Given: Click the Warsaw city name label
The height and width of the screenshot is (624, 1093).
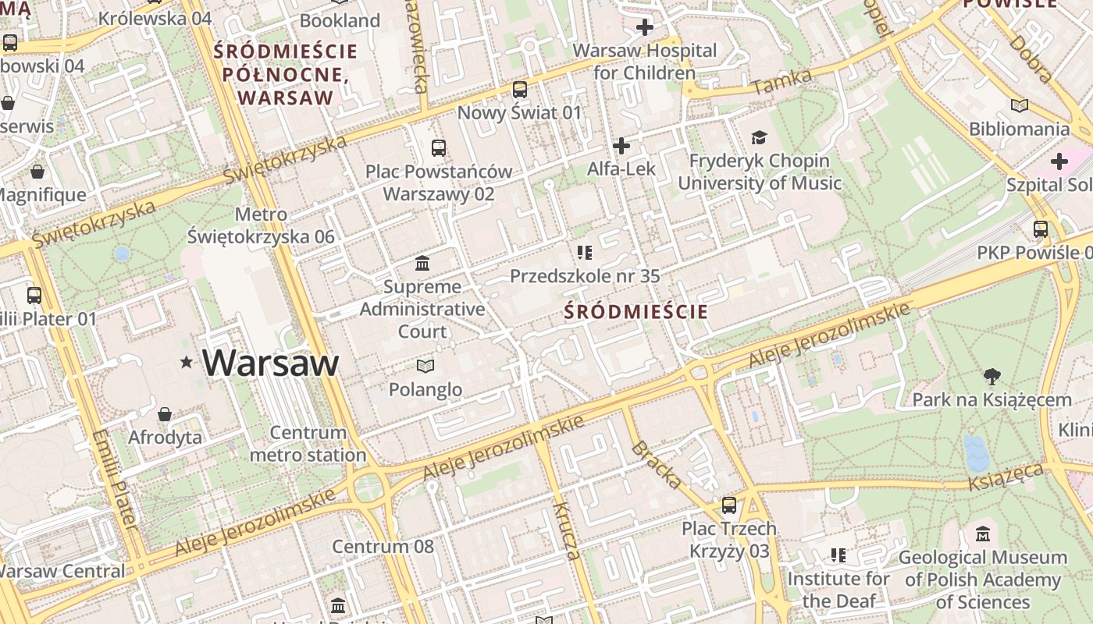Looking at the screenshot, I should pyautogui.click(x=270, y=363).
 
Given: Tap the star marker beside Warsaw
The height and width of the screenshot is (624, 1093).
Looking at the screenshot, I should pyautogui.click(x=186, y=362).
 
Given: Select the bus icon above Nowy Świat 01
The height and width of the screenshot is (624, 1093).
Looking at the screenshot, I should pyautogui.click(x=520, y=90).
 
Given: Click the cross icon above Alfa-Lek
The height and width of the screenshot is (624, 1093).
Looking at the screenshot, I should pyautogui.click(x=621, y=146).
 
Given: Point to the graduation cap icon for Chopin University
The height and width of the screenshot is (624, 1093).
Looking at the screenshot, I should pyautogui.click(x=759, y=138).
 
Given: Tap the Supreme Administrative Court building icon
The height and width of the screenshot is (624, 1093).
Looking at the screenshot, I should pyautogui.click(x=422, y=263).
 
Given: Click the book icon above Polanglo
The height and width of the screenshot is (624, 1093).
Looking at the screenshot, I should pyautogui.click(x=425, y=365).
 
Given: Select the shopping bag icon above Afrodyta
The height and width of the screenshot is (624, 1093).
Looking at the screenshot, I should pyautogui.click(x=165, y=413).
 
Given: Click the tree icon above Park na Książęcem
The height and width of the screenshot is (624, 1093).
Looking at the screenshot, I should pyautogui.click(x=992, y=377).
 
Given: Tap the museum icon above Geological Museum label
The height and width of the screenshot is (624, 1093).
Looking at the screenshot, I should pyautogui.click(x=983, y=534).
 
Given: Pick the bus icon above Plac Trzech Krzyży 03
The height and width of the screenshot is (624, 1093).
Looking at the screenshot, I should pyautogui.click(x=728, y=505).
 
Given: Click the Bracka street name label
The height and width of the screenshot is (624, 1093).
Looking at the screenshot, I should pyautogui.click(x=656, y=465).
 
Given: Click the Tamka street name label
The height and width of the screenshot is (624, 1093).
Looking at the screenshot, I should pyautogui.click(x=782, y=82).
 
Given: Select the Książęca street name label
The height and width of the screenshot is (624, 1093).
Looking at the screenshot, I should pyautogui.click(x=1006, y=477).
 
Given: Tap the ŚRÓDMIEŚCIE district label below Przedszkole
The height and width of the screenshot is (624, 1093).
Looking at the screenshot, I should pyautogui.click(x=636, y=313).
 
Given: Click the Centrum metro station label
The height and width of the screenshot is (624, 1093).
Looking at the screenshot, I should pyautogui.click(x=308, y=444).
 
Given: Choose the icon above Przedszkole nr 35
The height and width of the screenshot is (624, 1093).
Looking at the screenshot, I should pyautogui.click(x=584, y=252).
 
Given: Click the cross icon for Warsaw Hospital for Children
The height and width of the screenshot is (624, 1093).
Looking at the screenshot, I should pyautogui.click(x=644, y=28).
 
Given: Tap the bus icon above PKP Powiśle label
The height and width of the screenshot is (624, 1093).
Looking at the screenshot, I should pyautogui.click(x=1040, y=229).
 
